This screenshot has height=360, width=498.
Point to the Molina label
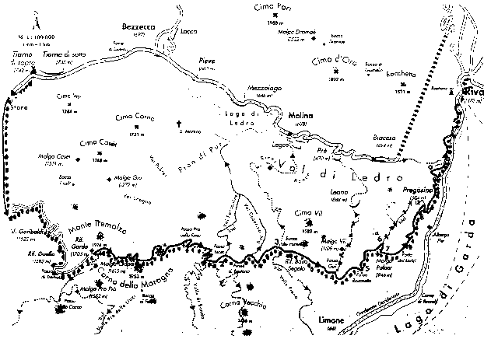[x=300, y=114]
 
